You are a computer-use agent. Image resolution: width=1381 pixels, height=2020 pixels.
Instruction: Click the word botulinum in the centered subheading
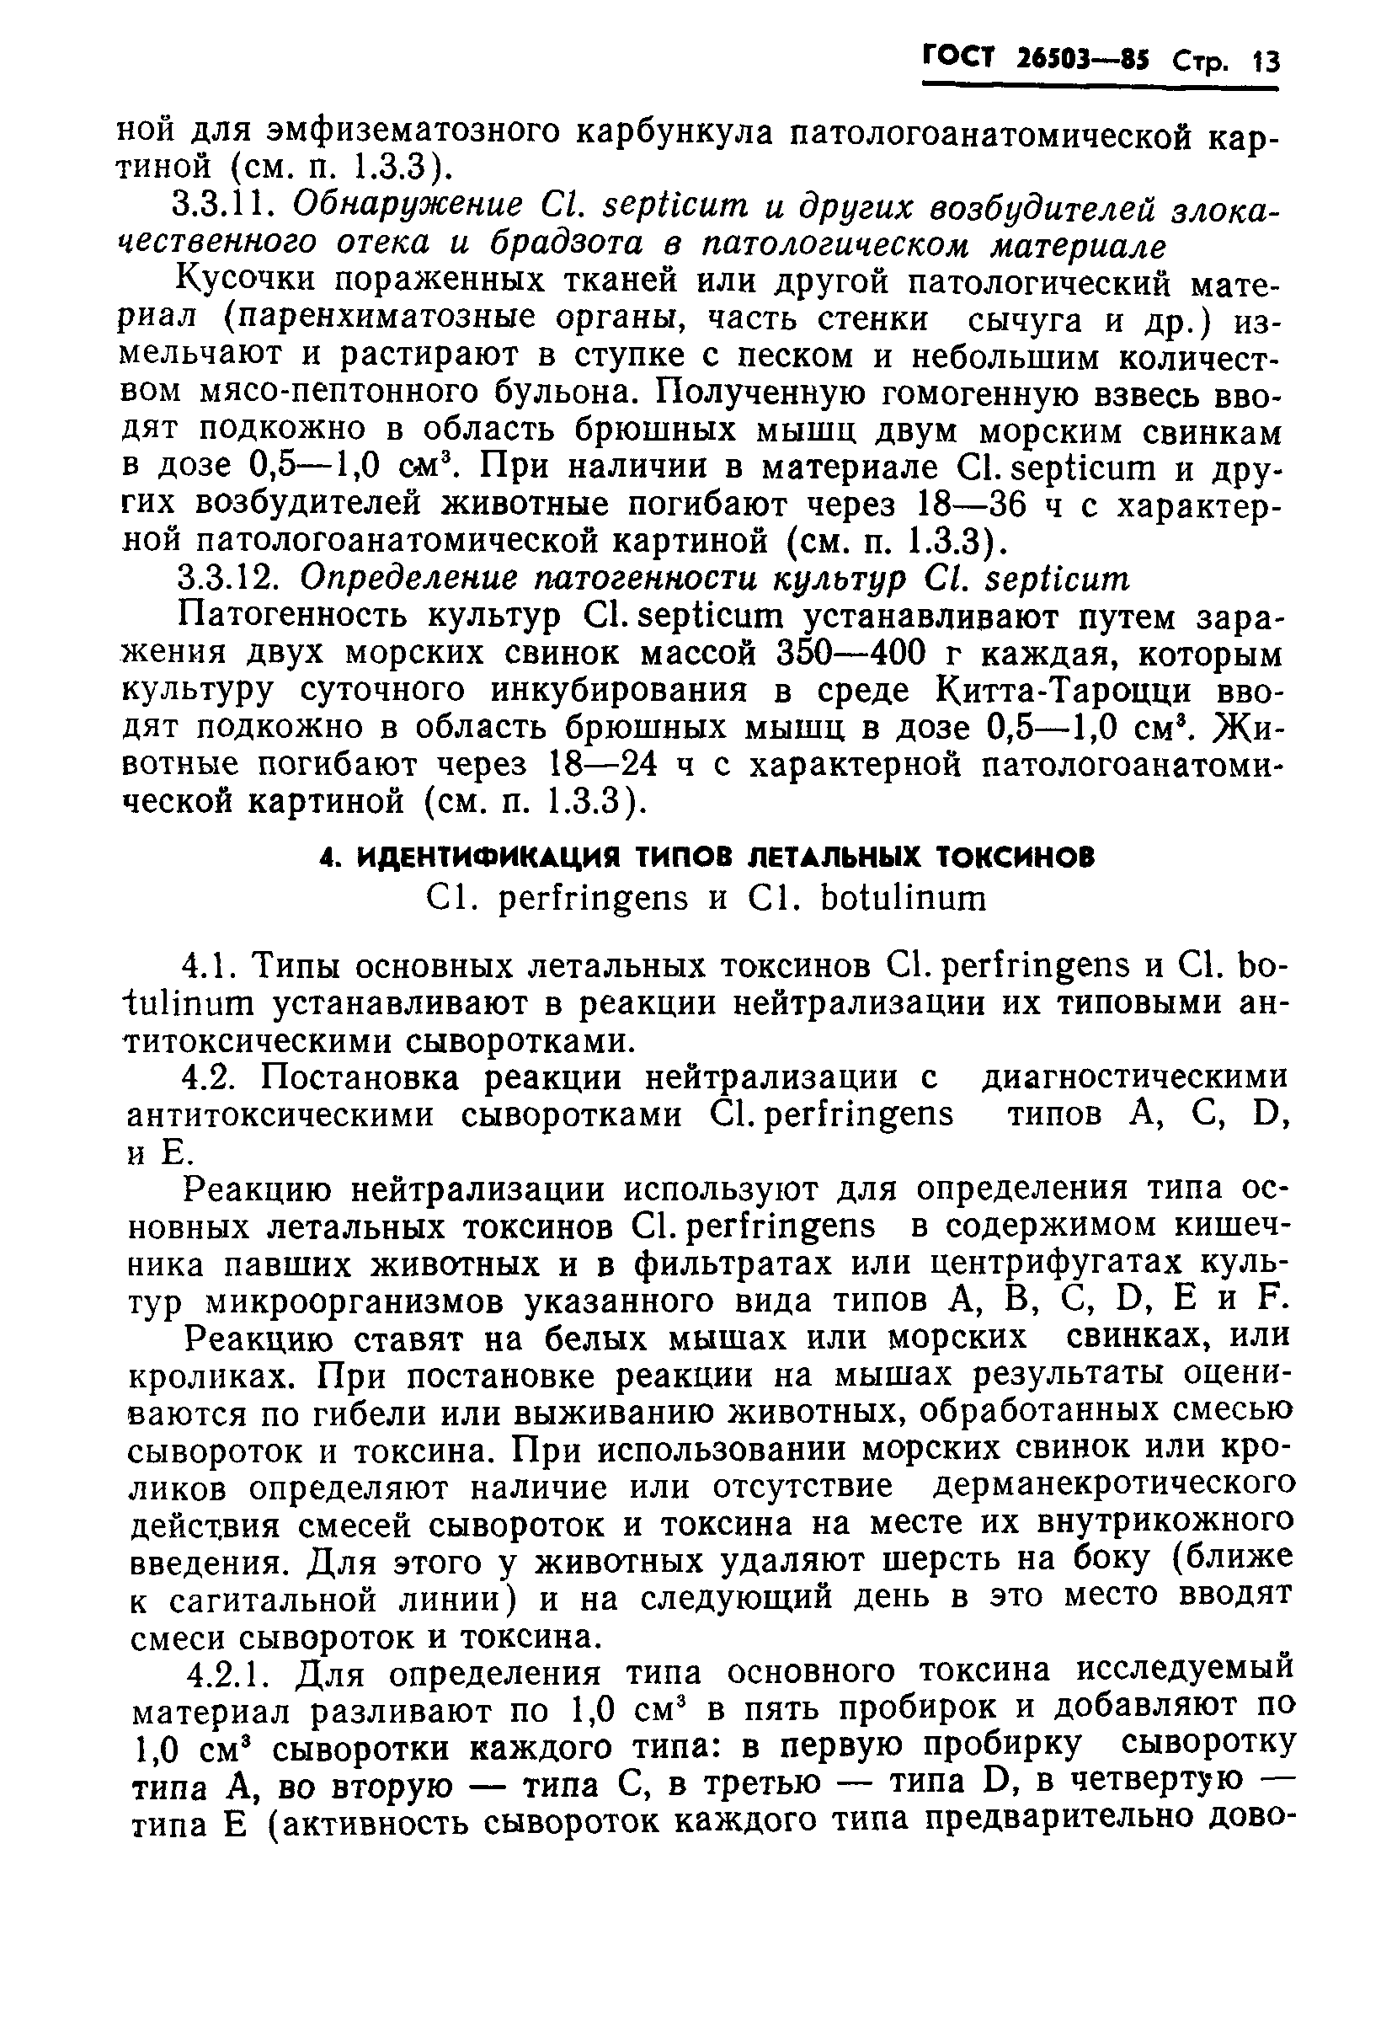903,899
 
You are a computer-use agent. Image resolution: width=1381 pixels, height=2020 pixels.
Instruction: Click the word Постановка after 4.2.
365,1079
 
